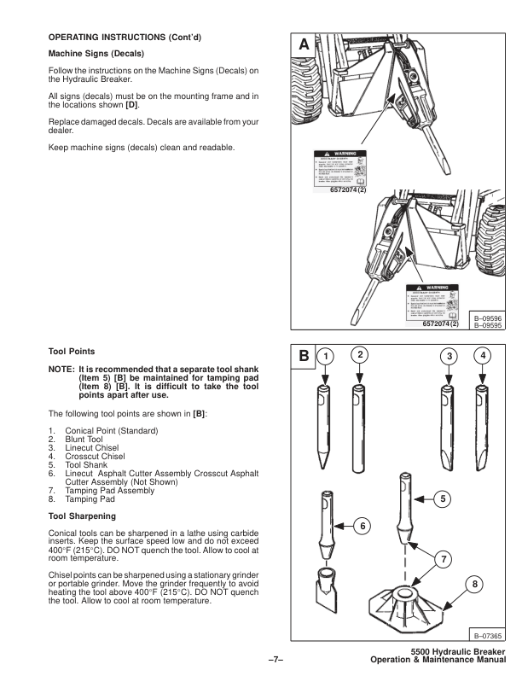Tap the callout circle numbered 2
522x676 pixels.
(x=360, y=353)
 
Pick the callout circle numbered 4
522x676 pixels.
(x=484, y=353)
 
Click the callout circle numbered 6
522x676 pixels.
(x=370, y=527)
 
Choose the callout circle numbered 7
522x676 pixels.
(x=440, y=558)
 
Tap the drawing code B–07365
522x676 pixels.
(x=486, y=634)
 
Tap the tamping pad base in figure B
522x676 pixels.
(x=409, y=603)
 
